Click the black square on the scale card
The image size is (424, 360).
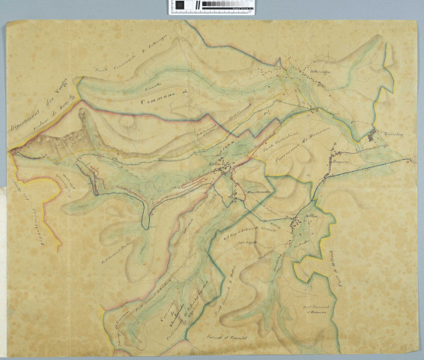[180, 6]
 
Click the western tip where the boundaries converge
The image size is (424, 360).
[12, 152]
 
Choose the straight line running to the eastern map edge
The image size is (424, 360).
[375, 164]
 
